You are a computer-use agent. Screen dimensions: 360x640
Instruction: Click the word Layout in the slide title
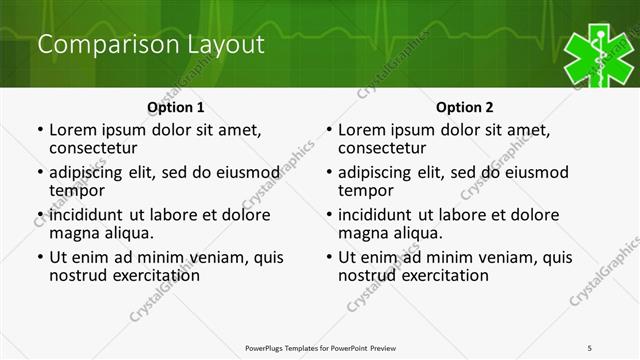[226, 45]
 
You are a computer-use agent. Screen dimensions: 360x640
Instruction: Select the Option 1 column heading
[176, 107]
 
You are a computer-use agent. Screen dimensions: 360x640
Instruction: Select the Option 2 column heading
[465, 107]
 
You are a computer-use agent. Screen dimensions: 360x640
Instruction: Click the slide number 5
[590, 347]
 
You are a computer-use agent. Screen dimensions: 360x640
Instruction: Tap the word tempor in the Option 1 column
[77, 190]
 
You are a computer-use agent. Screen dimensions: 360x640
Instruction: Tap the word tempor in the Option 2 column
[366, 190]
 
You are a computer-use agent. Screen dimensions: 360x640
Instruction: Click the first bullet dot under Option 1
[39, 131]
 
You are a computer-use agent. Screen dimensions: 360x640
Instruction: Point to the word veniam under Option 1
[210, 257]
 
